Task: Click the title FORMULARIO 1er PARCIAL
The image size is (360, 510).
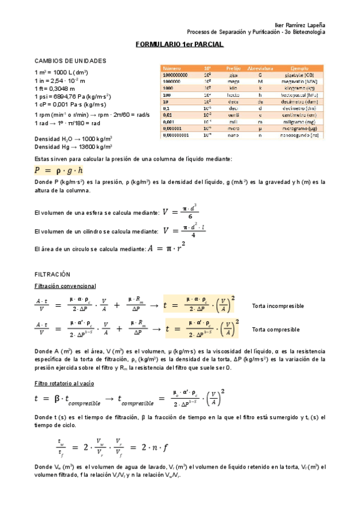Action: [x=180, y=45]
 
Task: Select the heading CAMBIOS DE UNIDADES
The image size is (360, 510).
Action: [x=70, y=61]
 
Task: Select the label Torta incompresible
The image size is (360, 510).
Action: [x=278, y=306]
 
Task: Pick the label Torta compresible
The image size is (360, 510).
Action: [x=275, y=330]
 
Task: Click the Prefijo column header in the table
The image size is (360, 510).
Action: [x=233, y=69]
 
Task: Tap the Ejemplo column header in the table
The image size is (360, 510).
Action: [x=300, y=69]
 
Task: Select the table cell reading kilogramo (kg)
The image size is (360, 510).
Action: [x=300, y=88]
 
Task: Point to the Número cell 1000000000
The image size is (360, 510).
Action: [x=175, y=75]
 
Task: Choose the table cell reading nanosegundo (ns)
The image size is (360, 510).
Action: [x=300, y=135]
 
